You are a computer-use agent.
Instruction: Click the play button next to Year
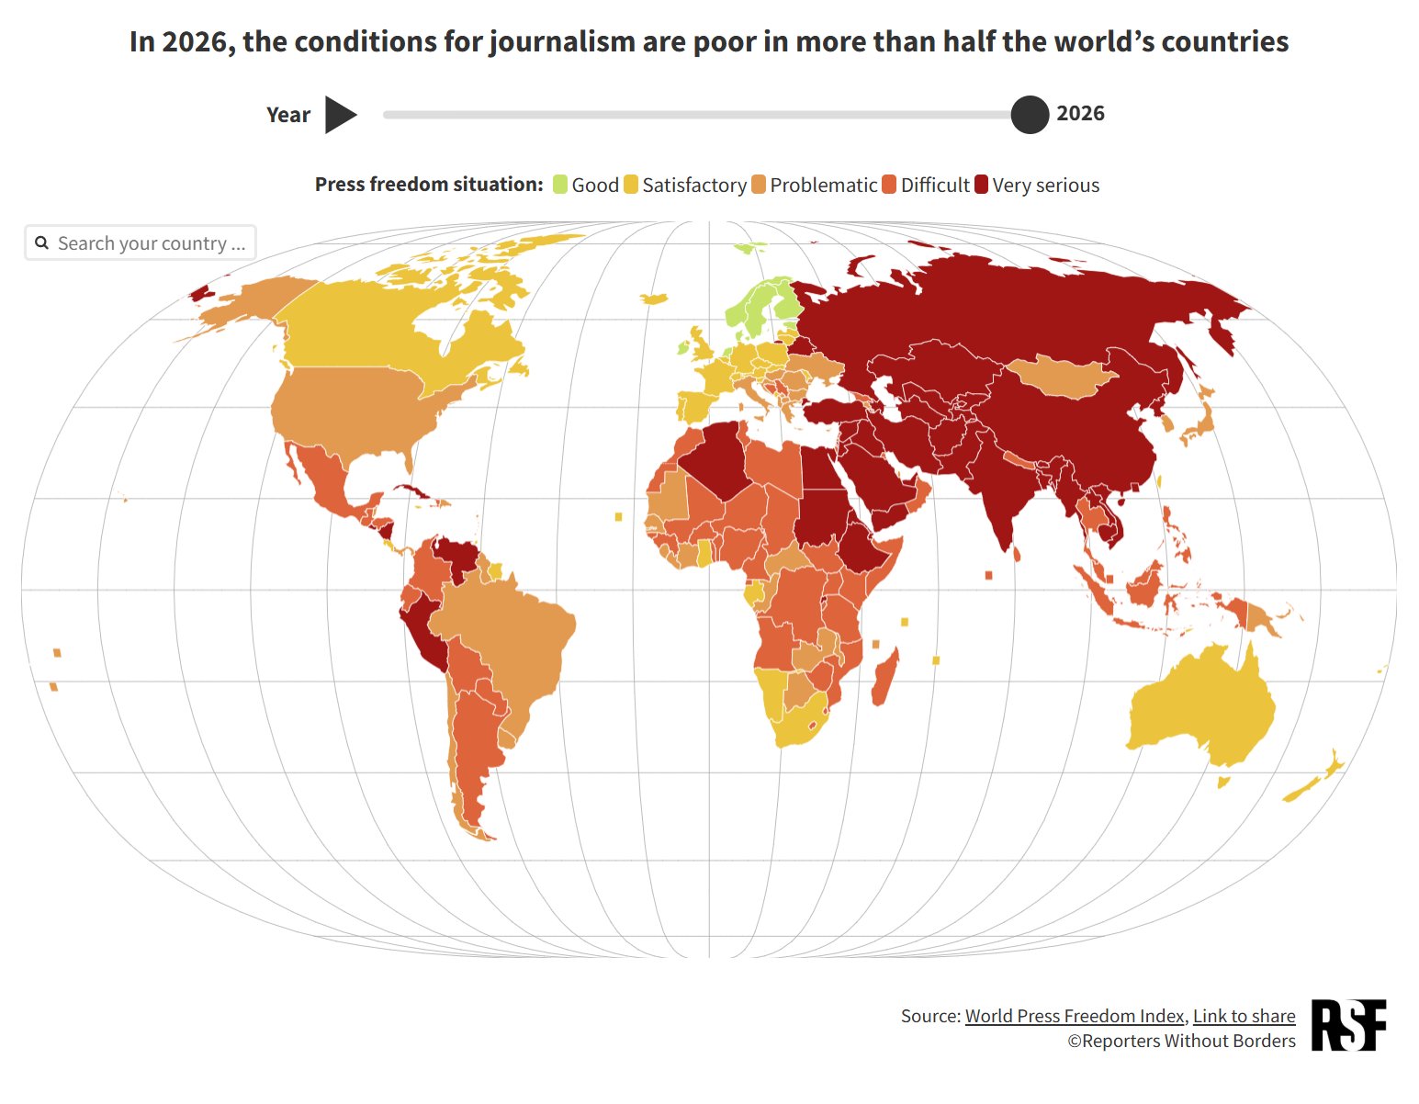[340, 115]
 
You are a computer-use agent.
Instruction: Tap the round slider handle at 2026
[1030, 115]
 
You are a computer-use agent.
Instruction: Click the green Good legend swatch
[559, 185]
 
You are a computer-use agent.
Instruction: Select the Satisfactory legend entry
[685, 185]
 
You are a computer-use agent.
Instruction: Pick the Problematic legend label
[824, 185]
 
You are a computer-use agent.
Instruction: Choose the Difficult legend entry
[925, 185]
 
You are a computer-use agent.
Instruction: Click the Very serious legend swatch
[981, 185]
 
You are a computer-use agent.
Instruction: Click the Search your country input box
[141, 242]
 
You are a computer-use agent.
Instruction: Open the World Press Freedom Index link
[1075, 1016]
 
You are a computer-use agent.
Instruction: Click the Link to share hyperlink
[1244, 1016]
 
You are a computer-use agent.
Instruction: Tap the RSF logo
[1348, 1025]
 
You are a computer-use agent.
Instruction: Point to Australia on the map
[1201, 705]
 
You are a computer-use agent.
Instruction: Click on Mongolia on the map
[1061, 377]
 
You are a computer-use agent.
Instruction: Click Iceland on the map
[654, 299]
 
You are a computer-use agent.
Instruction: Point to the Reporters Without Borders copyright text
[1181, 1041]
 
